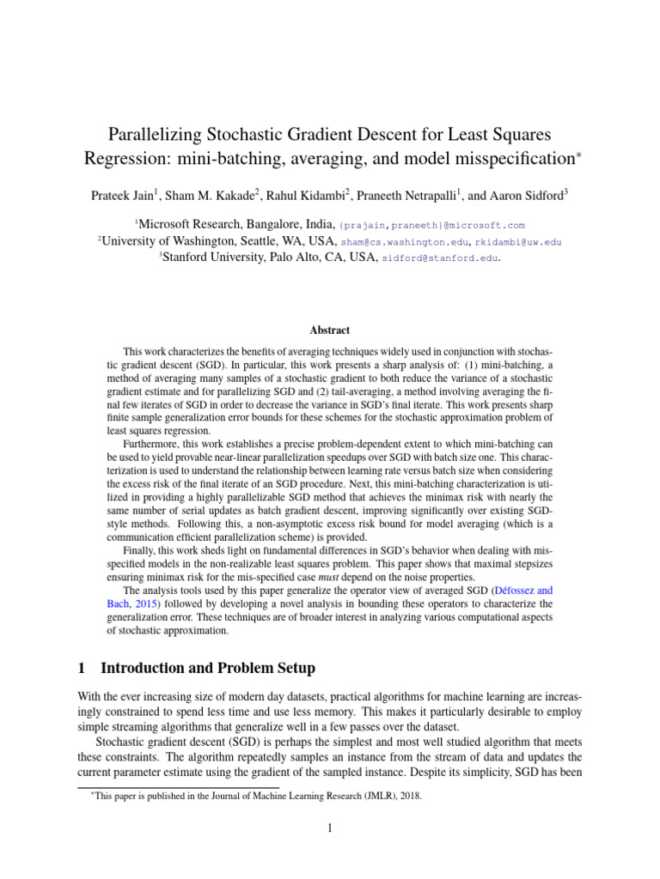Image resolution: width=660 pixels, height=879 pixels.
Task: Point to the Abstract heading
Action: pyautogui.click(x=329, y=330)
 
